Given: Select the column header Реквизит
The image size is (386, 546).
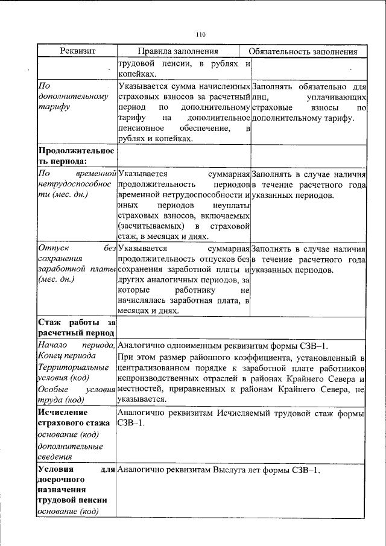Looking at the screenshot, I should [x=77, y=51].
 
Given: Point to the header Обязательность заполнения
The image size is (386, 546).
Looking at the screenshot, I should [x=307, y=51].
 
